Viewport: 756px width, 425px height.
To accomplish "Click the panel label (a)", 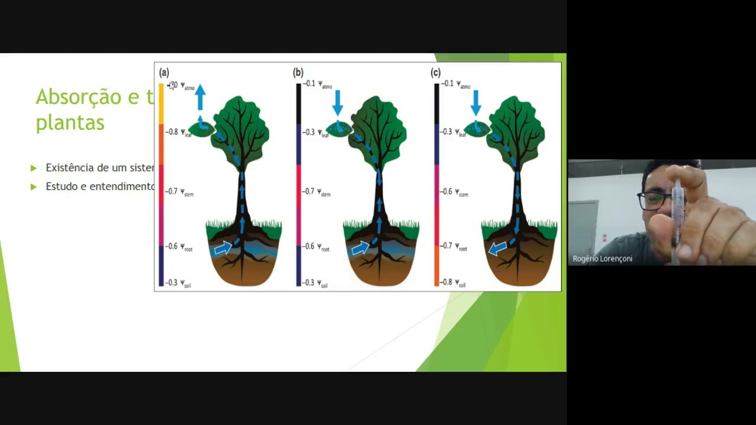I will click(x=164, y=73).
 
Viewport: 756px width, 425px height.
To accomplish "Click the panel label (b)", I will click(x=298, y=73).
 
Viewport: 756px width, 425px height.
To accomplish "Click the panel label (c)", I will click(x=436, y=73).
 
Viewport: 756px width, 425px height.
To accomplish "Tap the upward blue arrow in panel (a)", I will click(x=200, y=97).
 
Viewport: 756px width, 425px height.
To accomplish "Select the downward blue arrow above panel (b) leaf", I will click(x=338, y=102).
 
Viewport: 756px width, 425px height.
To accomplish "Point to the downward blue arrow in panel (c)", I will click(x=476, y=102).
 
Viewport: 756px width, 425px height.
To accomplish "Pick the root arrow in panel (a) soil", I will click(x=223, y=249).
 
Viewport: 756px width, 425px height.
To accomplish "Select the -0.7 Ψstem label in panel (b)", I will click(x=317, y=192).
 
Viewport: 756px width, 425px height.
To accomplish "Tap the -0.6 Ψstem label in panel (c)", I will click(x=454, y=192).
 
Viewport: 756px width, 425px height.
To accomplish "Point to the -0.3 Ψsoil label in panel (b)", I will click(x=315, y=283).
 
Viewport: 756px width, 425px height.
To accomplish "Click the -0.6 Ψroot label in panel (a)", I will click(x=180, y=247).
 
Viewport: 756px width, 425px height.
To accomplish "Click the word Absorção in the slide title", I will click(x=86, y=97).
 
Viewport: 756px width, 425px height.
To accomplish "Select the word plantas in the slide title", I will click(x=70, y=123).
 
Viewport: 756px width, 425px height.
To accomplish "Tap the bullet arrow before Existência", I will click(x=34, y=168).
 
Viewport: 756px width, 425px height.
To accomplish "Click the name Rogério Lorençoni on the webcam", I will click(x=602, y=259).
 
